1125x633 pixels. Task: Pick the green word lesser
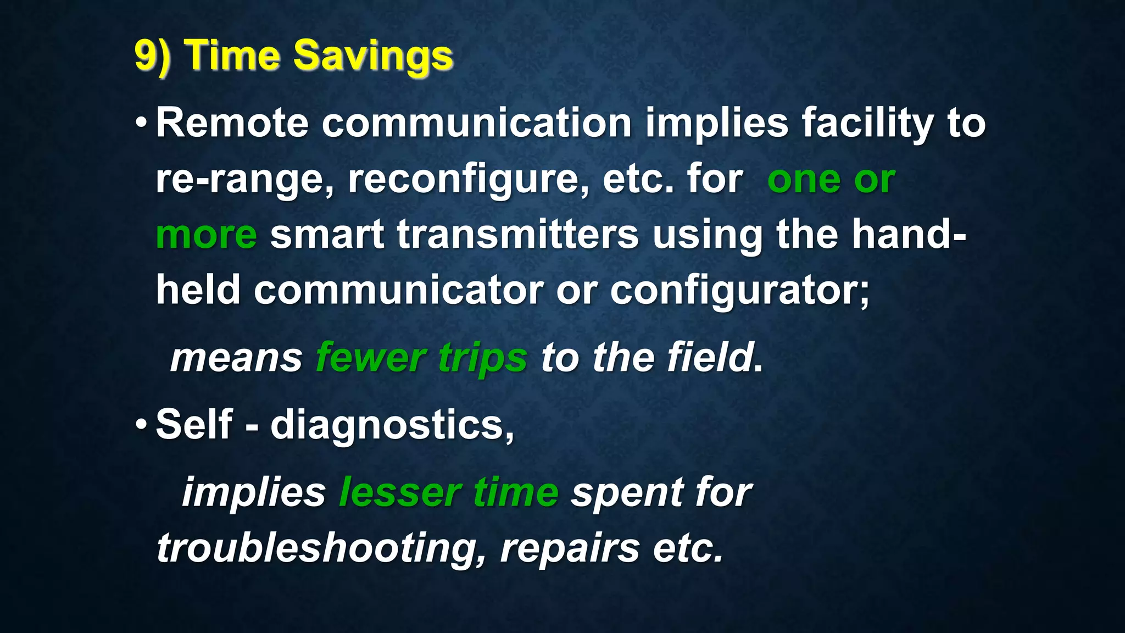click(x=399, y=492)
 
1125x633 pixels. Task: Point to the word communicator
click(x=398, y=290)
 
